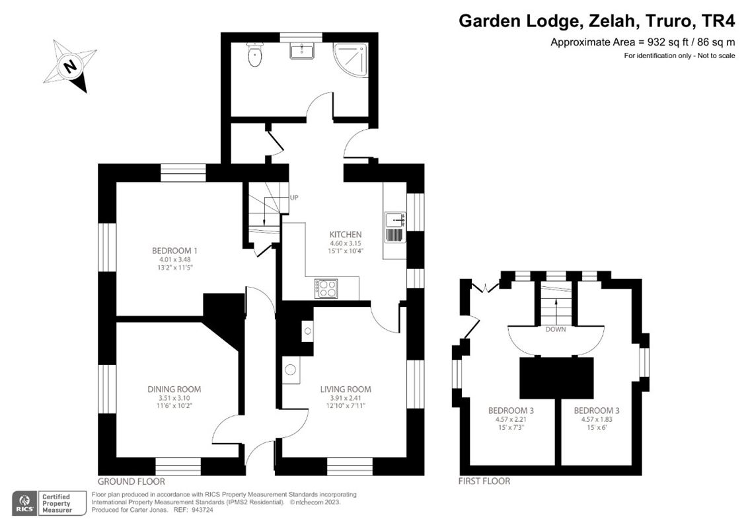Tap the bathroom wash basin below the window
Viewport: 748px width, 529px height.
(301, 51)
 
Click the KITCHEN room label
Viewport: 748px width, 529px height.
(346, 234)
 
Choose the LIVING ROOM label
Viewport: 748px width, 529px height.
(346, 389)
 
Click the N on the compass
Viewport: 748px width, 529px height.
(68, 66)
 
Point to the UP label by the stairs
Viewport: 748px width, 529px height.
(294, 198)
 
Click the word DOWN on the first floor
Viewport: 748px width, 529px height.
(555, 329)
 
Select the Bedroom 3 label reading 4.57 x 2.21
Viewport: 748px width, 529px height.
(511, 410)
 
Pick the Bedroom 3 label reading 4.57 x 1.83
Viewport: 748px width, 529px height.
(597, 410)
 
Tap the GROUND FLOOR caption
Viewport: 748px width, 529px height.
(131, 481)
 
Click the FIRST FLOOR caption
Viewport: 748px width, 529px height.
(484, 481)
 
